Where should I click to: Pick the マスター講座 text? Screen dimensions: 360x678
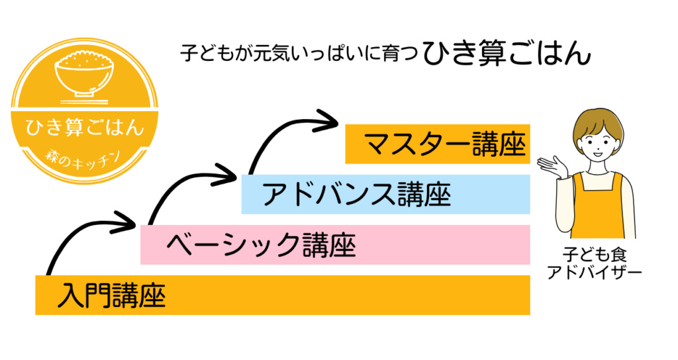pyautogui.click(x=444, y=144)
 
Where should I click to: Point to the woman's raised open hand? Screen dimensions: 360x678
pyautogui.click(x=554, y=166)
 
